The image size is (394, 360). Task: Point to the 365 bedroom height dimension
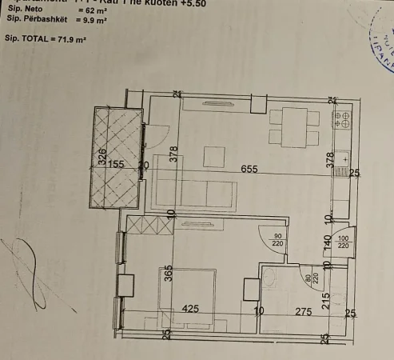168,274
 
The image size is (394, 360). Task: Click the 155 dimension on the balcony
117,165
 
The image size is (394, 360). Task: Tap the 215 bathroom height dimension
326,300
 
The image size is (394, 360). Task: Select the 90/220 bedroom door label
278,242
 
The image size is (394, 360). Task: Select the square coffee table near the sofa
213,156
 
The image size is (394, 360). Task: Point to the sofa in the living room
194,193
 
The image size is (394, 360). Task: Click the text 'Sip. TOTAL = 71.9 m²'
46,38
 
